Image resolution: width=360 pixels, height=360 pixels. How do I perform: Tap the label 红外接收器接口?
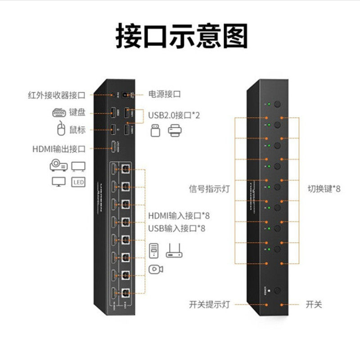click(56, 95)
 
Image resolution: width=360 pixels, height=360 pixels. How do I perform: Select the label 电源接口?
click(164, 94)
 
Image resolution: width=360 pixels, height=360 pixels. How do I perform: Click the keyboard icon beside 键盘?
click(59, 112)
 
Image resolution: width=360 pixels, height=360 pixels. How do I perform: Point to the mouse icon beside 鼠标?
click(61, 130)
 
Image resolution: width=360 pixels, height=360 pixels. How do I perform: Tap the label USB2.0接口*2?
click(174, 115)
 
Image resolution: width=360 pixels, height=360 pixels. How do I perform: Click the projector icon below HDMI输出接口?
click(58, 166)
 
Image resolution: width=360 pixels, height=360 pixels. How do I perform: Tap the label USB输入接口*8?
click(176, 228)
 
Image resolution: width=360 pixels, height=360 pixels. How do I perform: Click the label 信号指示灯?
click(209, 189)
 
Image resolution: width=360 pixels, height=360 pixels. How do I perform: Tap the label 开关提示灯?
click(209, 305)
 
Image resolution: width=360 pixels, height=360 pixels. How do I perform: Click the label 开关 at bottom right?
click(314, 305)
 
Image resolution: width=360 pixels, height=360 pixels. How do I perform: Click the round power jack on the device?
click(132, 94)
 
